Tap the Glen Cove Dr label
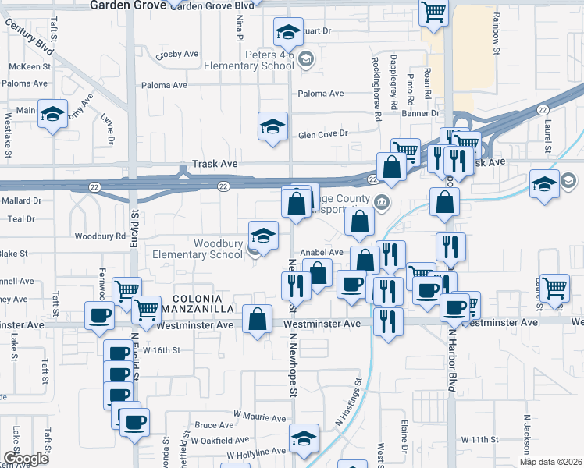click(x=322, y=134)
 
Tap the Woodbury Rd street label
click(x=99, y=236)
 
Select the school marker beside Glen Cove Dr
click(x=272, y=126)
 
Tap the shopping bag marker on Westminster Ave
click(x=258, y=319)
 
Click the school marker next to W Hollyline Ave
click(x=304, y=438)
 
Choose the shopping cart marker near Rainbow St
click(x=433, y=12)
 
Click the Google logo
click(x=26, y=458)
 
